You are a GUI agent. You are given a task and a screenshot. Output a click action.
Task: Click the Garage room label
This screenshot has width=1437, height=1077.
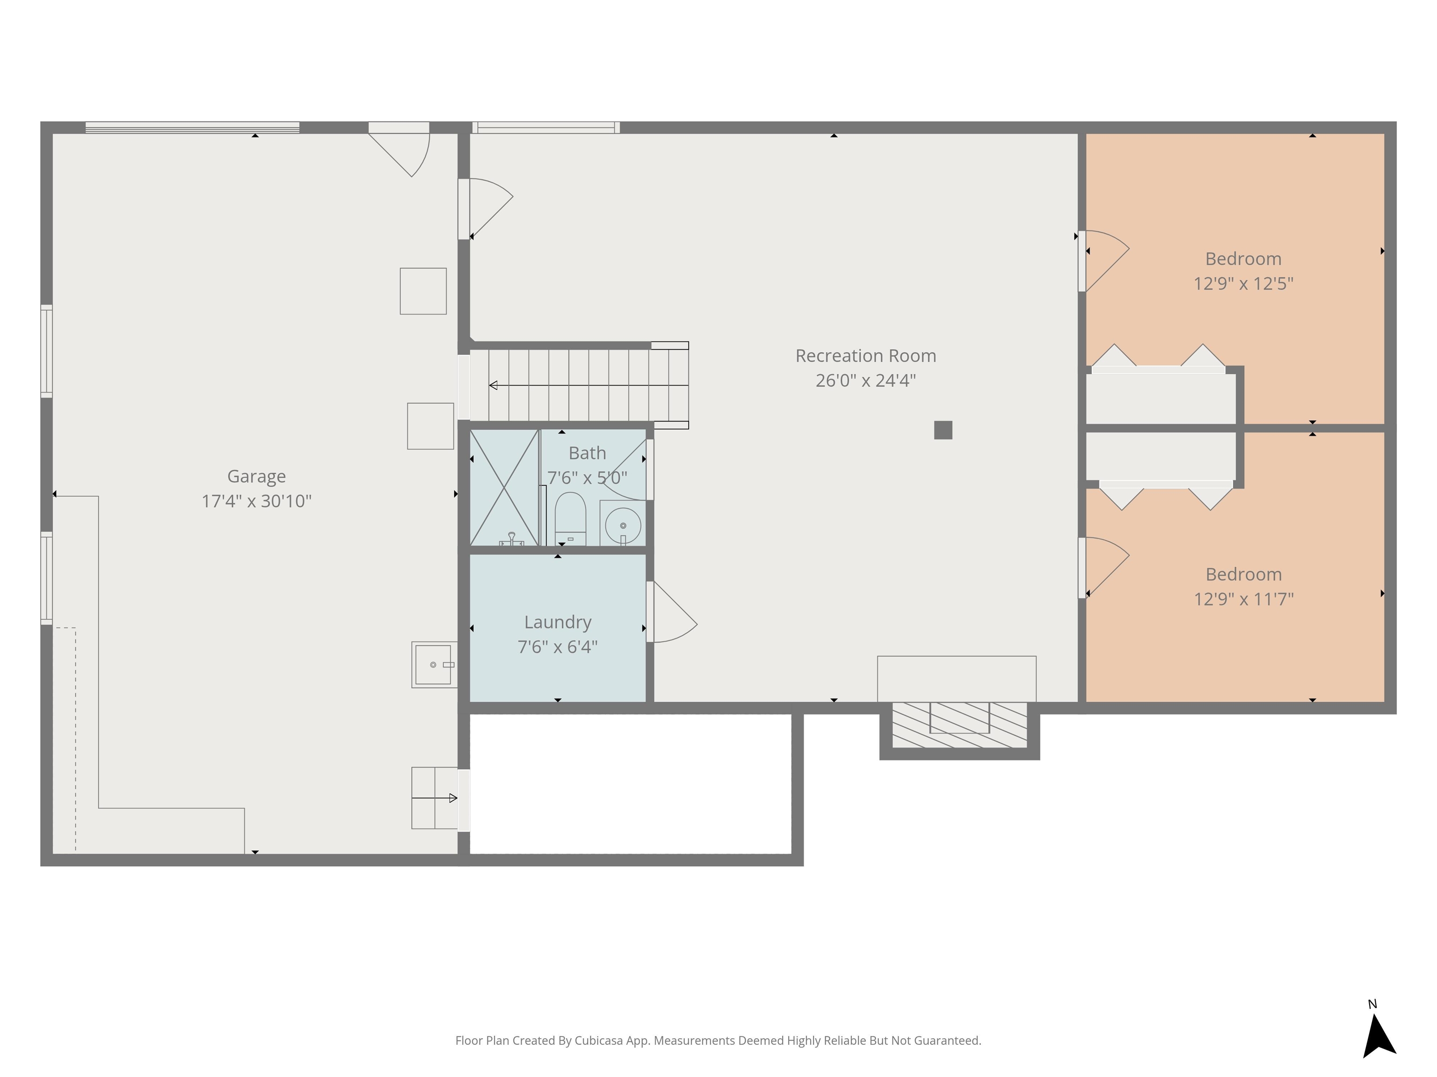click(x=257, y=476)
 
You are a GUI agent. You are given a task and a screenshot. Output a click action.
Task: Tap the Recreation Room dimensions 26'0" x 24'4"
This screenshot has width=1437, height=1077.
click(x=865, y=381)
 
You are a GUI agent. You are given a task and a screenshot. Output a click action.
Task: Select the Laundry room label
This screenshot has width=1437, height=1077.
click(x=558, y=623)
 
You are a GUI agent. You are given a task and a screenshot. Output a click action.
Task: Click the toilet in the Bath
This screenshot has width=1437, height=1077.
click(x=570, y=519)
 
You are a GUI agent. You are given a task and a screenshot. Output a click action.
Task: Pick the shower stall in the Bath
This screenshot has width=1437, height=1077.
click(x=504, y=488)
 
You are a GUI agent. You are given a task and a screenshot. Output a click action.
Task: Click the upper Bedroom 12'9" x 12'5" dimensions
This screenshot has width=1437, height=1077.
click(x=1243, y=284)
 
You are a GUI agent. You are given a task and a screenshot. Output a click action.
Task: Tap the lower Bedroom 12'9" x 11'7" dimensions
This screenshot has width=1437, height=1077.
click(x=1243, y=599)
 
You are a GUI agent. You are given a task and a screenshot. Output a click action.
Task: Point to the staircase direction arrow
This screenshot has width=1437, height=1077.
click(x=588, y=386)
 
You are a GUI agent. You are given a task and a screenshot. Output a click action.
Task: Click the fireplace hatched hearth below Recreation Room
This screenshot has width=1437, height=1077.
click(x=959, y=725)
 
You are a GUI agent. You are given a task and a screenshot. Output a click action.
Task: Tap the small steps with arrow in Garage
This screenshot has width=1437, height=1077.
click(x=435, y=798)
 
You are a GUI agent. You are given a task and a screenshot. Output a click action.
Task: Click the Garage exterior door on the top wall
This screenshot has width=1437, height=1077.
click(x=399, y=149)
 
